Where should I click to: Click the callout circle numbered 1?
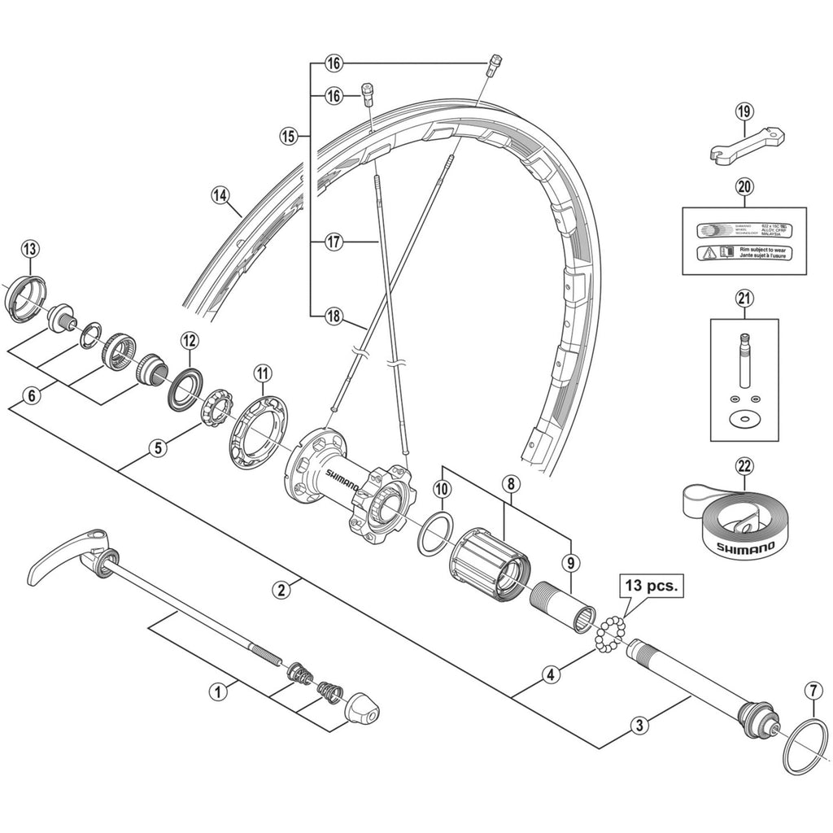point(216,692)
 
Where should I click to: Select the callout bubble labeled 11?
point(261,373)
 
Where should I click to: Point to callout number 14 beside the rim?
point(219,195)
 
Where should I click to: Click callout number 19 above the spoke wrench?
point(744,111)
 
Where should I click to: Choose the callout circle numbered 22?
point(744,466)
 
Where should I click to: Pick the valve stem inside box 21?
point(744,358)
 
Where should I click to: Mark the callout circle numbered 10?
point(442,489)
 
